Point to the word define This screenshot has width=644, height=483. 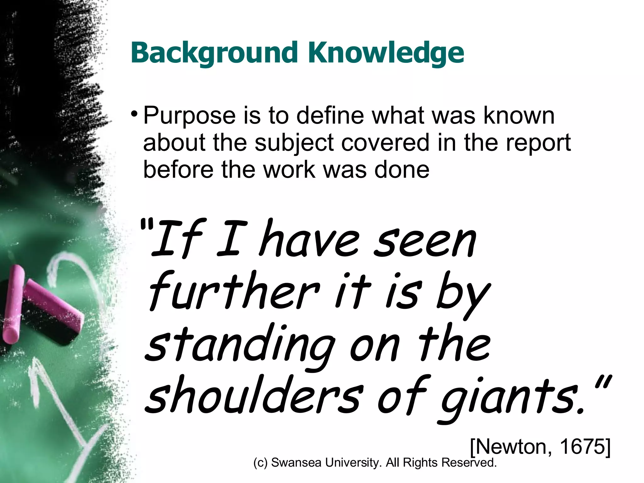point(330,116)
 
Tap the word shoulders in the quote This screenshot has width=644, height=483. point(252,396)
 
